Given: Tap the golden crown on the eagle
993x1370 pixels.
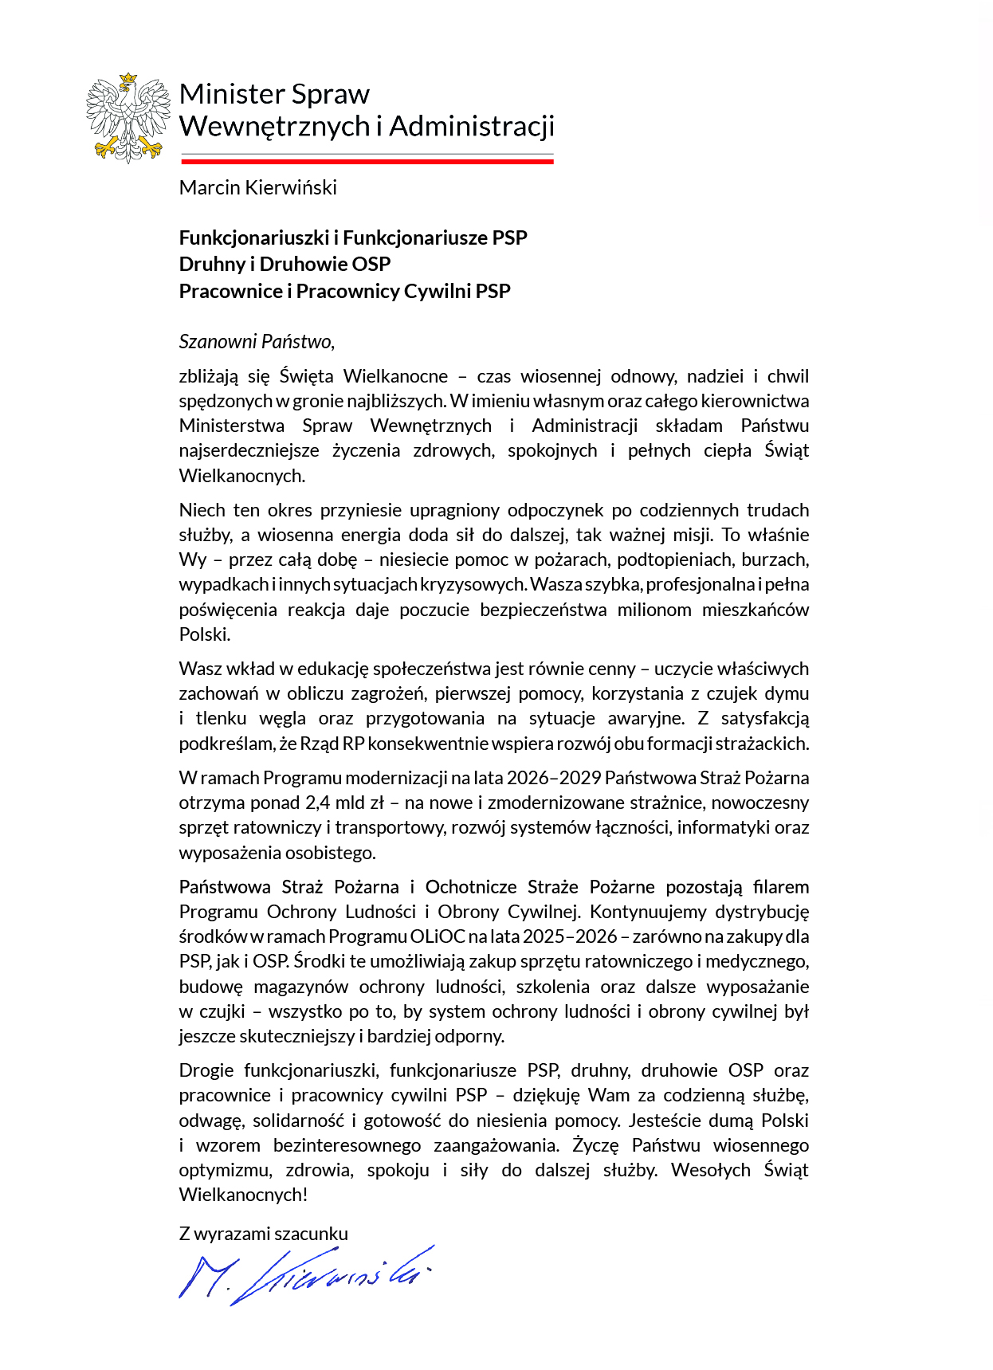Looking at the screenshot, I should pyautogui.click(x=128, y=79).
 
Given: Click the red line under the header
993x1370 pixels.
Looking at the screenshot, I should pyautogui.click(x=367, y=161).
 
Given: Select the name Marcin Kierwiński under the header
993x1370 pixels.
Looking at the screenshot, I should pyautogui.click(x=257, y=188).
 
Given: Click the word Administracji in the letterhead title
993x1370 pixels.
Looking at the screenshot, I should pyautogui.click(x=472, y=127).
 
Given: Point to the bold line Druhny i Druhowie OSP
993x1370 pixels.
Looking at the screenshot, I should pyautogui.click(x=285, y=265).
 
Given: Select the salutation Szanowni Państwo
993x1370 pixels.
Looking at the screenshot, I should pyautogui.click(x=256, y=342).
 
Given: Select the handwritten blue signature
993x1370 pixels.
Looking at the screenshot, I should pyautogui.click(x=307, y=1274).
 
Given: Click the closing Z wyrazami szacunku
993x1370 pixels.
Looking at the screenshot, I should pyautogui.click(x=263, y=1234).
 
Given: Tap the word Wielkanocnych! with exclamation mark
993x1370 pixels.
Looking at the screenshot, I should pyautogui.click(x=243, y=1195).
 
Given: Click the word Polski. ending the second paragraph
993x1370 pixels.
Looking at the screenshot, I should pyautogui.click(x=205, y=634).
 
